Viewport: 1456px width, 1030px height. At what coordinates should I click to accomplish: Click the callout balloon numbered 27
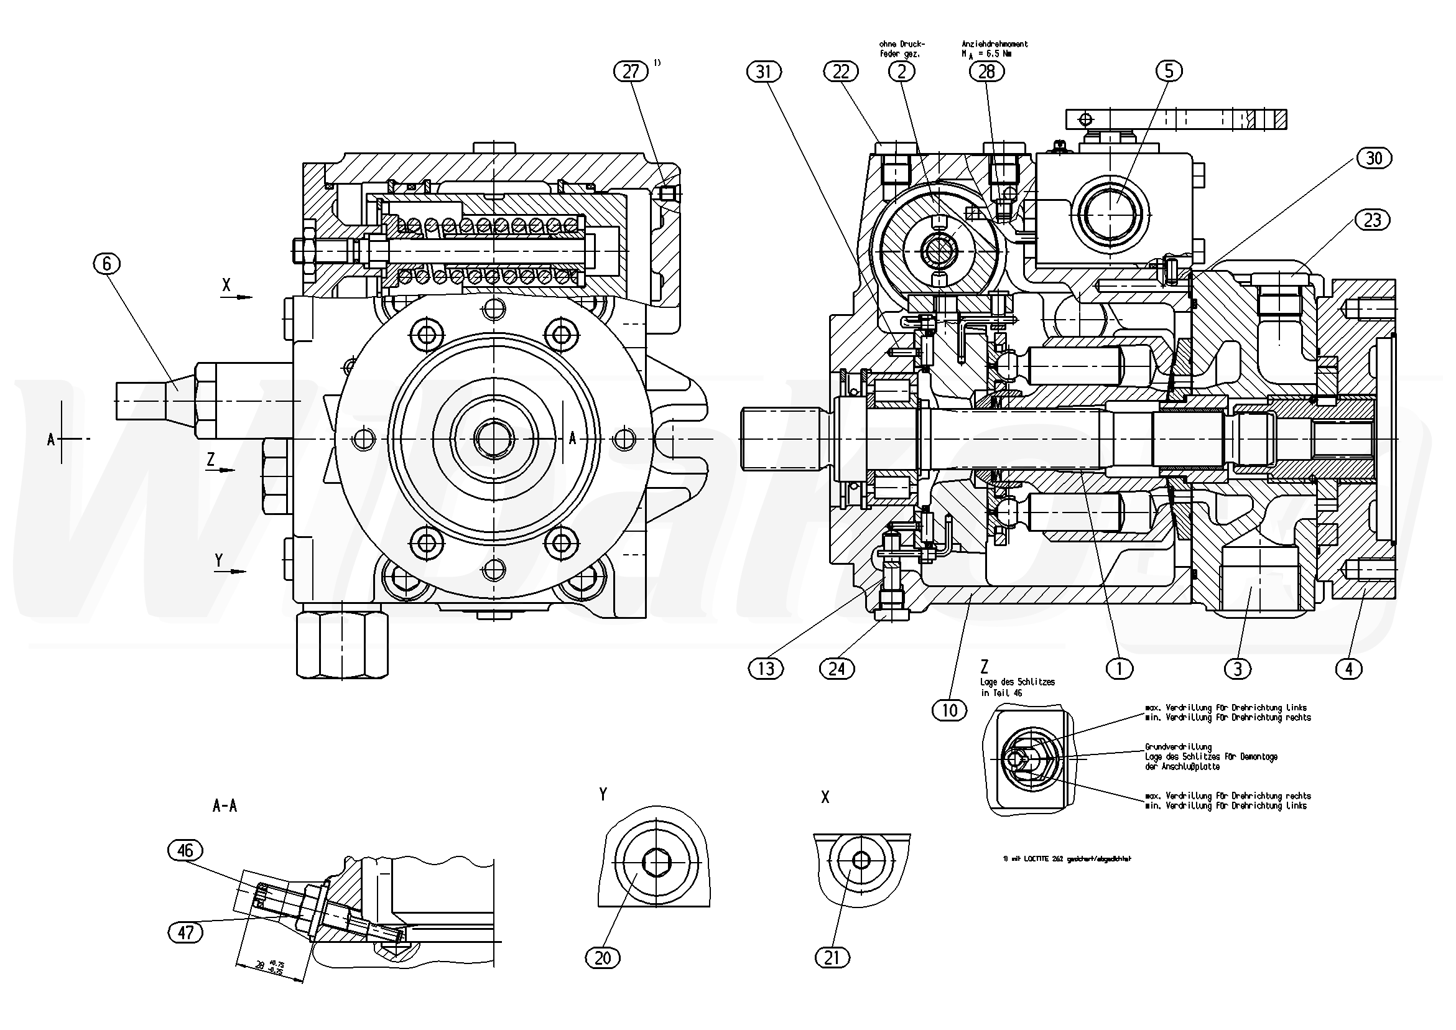tap(631, 71)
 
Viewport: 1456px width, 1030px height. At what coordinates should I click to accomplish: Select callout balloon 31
tap(764, 72)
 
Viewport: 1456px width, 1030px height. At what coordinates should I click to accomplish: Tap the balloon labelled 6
tap(106, 263)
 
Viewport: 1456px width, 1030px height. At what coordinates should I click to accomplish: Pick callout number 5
tap(1169, 70)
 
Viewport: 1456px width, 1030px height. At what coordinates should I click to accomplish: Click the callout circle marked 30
tap(1373, 157)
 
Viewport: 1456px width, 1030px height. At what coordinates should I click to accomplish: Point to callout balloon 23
tap(1372, 220)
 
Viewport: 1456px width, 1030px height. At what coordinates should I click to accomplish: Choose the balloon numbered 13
tap(766, 669)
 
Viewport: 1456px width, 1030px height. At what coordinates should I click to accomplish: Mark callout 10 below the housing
tap(950, 710)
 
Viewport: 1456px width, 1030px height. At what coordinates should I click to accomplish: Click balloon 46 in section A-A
tap(185, 850)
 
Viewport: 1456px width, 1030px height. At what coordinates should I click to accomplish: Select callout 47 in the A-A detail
tap(185, 932)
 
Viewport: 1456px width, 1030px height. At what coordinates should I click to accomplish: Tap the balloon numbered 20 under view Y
tap(603, 958)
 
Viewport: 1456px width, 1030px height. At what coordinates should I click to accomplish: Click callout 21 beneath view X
tap(832, 958)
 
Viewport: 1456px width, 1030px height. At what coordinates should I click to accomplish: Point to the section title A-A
tap(225, 806)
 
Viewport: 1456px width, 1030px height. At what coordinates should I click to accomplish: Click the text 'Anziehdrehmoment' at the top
tap(995, 44)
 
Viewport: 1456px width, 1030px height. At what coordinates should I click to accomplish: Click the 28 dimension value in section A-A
tap(260, 965)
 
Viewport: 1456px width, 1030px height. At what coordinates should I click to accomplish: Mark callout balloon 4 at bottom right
tap(1348, 669)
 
